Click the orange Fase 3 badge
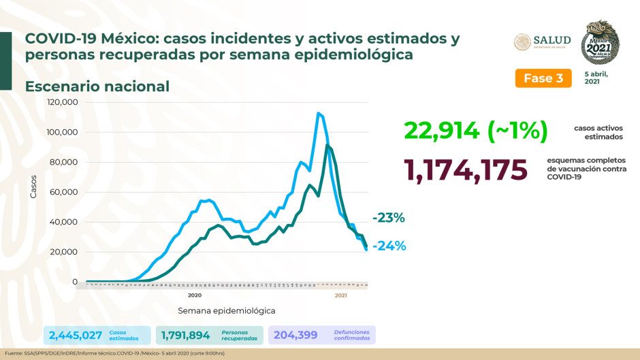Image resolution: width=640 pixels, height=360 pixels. [543, 78]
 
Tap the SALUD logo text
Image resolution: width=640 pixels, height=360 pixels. [551, 40]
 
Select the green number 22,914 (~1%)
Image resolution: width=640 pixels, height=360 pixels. [475, 131]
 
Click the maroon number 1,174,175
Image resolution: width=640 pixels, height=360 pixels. [465, 170]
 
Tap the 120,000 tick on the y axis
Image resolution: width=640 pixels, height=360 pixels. [63, 102]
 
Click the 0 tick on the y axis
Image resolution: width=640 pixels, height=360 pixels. [77, 282]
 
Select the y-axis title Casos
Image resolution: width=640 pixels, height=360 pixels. [33, 186]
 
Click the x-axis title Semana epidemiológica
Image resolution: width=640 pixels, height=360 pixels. [226, 310]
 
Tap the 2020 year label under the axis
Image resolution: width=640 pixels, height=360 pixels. [195, 295]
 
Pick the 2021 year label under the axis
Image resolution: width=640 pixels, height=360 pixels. [341, 295]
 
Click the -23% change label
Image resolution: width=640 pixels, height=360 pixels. [389, 218]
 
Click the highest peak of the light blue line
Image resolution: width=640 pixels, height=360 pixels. [318, 113]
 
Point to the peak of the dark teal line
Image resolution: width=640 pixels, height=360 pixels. [328, 145]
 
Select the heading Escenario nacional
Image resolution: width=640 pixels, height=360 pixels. [97, 86]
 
